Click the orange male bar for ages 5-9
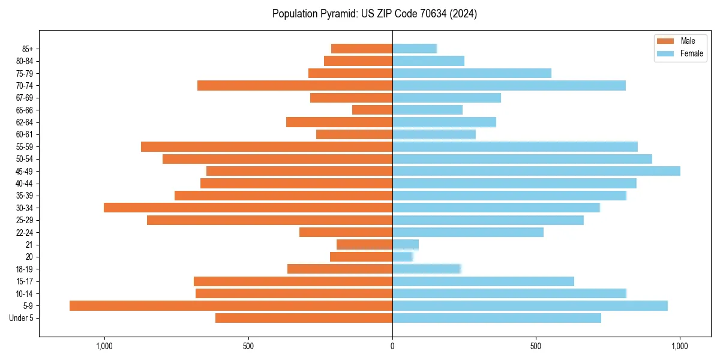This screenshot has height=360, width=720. tap(231, 305)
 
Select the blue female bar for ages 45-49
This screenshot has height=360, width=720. tap(536, 171)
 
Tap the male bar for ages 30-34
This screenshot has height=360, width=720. tap(248, 208)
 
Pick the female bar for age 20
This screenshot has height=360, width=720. tap(403, 257)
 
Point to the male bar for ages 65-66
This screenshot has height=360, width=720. tap(372, 110)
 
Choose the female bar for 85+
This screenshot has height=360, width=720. tap(415, 49)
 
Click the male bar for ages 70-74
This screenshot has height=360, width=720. tap(295, 85)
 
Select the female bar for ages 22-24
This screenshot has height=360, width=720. tap(468, 232)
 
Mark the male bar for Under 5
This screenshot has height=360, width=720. tap(304, 318)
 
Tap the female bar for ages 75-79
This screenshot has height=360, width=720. tap(472, 73)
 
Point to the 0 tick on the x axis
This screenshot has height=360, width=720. tap(392, 346)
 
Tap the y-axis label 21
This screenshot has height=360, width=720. tap(29, 245)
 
